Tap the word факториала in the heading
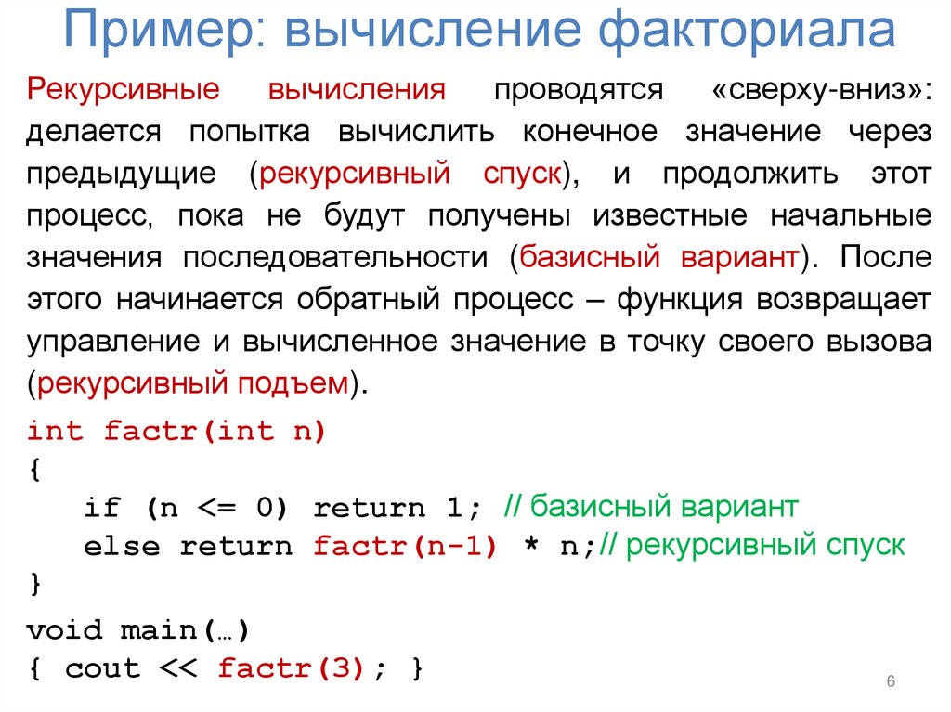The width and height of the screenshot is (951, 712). point(747,32)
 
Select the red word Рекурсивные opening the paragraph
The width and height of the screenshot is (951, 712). point(123,90)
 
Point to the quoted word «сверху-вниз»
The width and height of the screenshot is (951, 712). point(821,90)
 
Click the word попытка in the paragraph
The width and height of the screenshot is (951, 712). point(250,132)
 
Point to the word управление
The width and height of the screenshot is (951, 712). point(109,342)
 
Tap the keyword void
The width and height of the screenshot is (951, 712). point(64,631)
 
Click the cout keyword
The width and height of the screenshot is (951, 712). point(102,668)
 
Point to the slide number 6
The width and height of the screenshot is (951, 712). point(891,683)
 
